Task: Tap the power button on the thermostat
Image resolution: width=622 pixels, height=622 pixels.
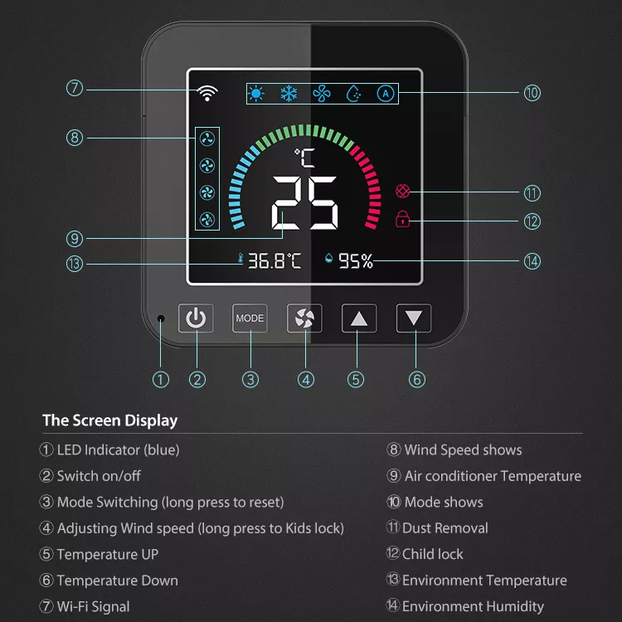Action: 196,318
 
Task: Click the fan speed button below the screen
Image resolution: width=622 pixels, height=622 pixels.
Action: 304,318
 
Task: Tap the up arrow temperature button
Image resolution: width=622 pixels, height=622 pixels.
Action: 359,318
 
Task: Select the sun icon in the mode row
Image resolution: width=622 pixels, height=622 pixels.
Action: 256,94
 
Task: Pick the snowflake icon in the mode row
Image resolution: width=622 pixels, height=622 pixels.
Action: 289,94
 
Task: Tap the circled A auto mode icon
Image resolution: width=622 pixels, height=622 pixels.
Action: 385,94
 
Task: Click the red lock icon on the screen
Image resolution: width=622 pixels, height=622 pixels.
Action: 403,219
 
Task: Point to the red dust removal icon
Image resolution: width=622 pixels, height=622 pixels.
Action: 403,192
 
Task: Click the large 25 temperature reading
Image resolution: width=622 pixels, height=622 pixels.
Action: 304,203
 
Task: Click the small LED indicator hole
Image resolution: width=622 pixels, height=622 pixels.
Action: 162,319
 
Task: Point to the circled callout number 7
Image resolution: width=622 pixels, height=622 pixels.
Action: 75,88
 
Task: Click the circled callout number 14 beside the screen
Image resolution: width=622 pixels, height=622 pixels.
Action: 532,261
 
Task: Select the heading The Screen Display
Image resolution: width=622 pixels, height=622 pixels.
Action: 110,420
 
